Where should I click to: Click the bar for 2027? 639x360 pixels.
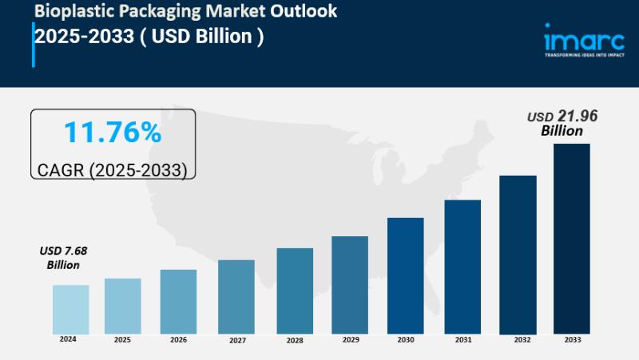236,296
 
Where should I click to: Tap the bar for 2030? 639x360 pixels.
406,275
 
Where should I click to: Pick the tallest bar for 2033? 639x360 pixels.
572,239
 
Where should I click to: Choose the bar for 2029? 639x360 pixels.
350,284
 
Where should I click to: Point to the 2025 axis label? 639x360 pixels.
122,340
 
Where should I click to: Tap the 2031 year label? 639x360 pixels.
463,340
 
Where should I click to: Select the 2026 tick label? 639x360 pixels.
178,340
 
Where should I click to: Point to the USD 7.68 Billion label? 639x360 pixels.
63,258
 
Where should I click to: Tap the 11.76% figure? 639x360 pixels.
112,133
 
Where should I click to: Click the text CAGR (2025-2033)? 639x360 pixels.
112,170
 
